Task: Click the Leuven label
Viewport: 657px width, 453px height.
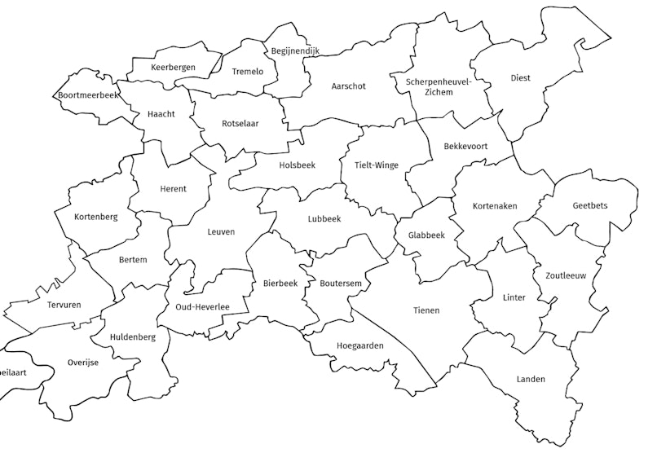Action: tap(220, 232)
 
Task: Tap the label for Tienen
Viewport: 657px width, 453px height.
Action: tap(426, 310)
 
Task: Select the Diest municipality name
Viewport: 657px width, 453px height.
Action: tap(520, 78)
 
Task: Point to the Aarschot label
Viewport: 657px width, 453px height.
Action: tap(348, 86)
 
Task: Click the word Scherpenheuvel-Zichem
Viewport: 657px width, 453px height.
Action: tap(440, 86)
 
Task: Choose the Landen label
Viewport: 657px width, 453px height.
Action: tap(531, 380)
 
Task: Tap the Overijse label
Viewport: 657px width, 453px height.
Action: tap(82, 363)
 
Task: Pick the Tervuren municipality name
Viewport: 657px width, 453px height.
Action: tap(43, 303)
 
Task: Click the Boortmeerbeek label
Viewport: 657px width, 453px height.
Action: tap(88, 95)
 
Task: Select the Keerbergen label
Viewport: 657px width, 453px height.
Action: tap(173, 67)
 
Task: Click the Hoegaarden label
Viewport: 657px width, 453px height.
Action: tap(359, 345)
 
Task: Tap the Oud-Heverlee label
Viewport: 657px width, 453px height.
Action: tap(201, 307)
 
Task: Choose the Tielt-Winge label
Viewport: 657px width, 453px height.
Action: tap(377, 165)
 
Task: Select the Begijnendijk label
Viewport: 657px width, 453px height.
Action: tap(295, 51)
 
